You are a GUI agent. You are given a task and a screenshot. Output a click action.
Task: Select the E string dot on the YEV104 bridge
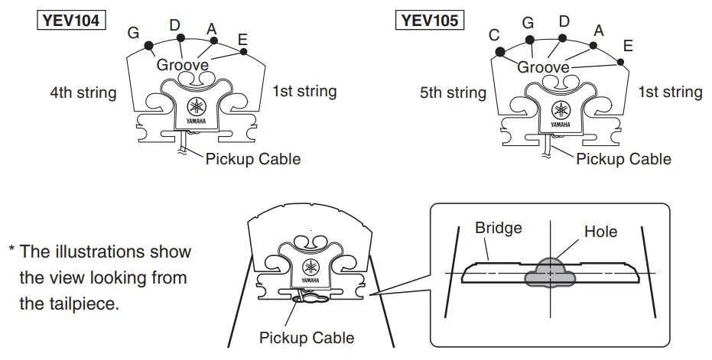(x=243, y=52)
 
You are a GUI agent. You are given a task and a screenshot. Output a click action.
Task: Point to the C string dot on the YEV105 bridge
(x=499, y=52)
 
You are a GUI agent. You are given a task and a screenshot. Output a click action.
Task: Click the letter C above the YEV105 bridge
(x=494, y=34)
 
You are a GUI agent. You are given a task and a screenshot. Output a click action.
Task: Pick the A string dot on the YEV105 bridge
(x=593, y=46)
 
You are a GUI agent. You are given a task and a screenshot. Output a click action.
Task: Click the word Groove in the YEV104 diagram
(x=183, y=66)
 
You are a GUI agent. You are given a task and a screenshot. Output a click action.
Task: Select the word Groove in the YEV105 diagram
(x=544, y=67)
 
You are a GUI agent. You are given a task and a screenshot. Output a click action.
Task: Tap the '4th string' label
(x=83, y=93)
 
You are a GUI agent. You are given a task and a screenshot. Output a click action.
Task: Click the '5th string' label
(x=453, y=93)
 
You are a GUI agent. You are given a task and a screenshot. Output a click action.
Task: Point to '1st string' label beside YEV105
(x=670, y=92)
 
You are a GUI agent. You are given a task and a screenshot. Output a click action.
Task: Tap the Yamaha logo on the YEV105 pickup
(x=561, y=109)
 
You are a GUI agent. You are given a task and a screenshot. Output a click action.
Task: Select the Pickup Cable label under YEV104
(x=253, y=159)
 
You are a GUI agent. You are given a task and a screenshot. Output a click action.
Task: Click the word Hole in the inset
(x=600, y=231)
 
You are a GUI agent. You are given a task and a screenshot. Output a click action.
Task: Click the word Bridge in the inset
(x=498, y=228)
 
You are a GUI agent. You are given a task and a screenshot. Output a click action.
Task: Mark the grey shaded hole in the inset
(x=549, y=271)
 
